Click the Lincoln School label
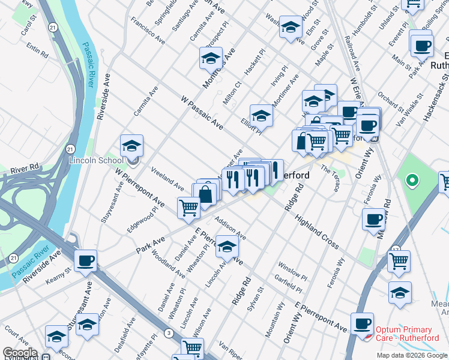(96, 160)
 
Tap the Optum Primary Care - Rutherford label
(403, 334)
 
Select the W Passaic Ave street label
(202, 112)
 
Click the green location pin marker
(412, 179)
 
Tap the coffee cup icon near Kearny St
(85, 261)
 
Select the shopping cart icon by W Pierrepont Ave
(188, 208)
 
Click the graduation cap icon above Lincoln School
(131, 146)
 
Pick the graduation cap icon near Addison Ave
(227, 247)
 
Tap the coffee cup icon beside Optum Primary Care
(362, 324)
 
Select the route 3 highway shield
(170, 332)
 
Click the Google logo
(20, 353)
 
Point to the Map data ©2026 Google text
(411, 355)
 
